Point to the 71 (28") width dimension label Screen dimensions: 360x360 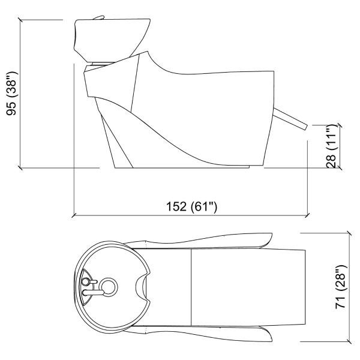341,289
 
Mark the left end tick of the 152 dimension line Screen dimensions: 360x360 73,214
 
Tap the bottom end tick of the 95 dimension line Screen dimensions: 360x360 22,168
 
